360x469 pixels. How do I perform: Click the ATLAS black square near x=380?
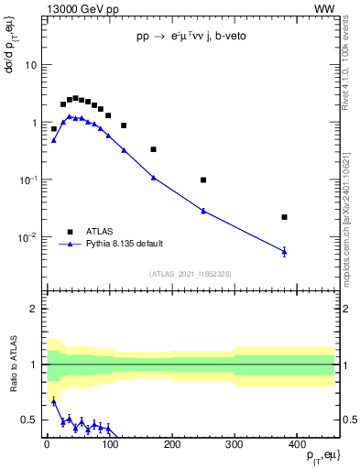pyautogui.click(x=285, y=217)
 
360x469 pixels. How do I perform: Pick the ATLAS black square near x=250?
pyautogui.click(x=203, y=180)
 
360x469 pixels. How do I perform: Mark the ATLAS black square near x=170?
pyautogui.click(x=153, y=149)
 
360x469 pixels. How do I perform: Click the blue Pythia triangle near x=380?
pyautogui.click(x=285, y=251)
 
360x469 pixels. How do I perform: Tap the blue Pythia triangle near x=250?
pyautogui.click(x=203, y=211)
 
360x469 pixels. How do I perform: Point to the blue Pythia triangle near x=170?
pyautogui.click(x=153, y=177)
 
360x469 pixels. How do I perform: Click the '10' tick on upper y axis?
pyautogui.click(x=30, y=66)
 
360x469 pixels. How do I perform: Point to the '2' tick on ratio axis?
pyautogui.click(x=33, y=309)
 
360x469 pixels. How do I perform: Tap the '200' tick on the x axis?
pyautogui.click(x=171, y=444)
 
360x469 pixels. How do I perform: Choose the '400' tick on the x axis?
pyautogui.click(x=297, y=444)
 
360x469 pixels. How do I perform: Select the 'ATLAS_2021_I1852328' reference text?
pyautogui.click(x=190, y=274)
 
